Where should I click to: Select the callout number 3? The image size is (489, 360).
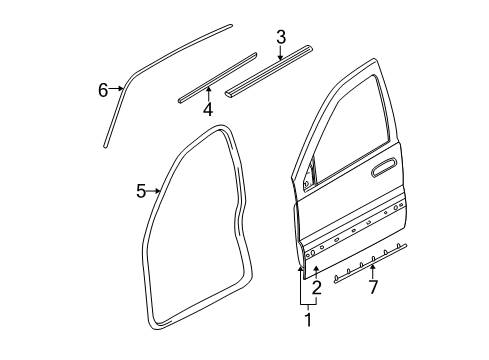281,38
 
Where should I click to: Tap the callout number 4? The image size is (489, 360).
208,109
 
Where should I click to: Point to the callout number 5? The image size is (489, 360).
141,189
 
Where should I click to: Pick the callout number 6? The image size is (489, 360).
103,91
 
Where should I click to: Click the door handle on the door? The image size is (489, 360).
381,171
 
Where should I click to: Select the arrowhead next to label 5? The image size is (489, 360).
158,189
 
